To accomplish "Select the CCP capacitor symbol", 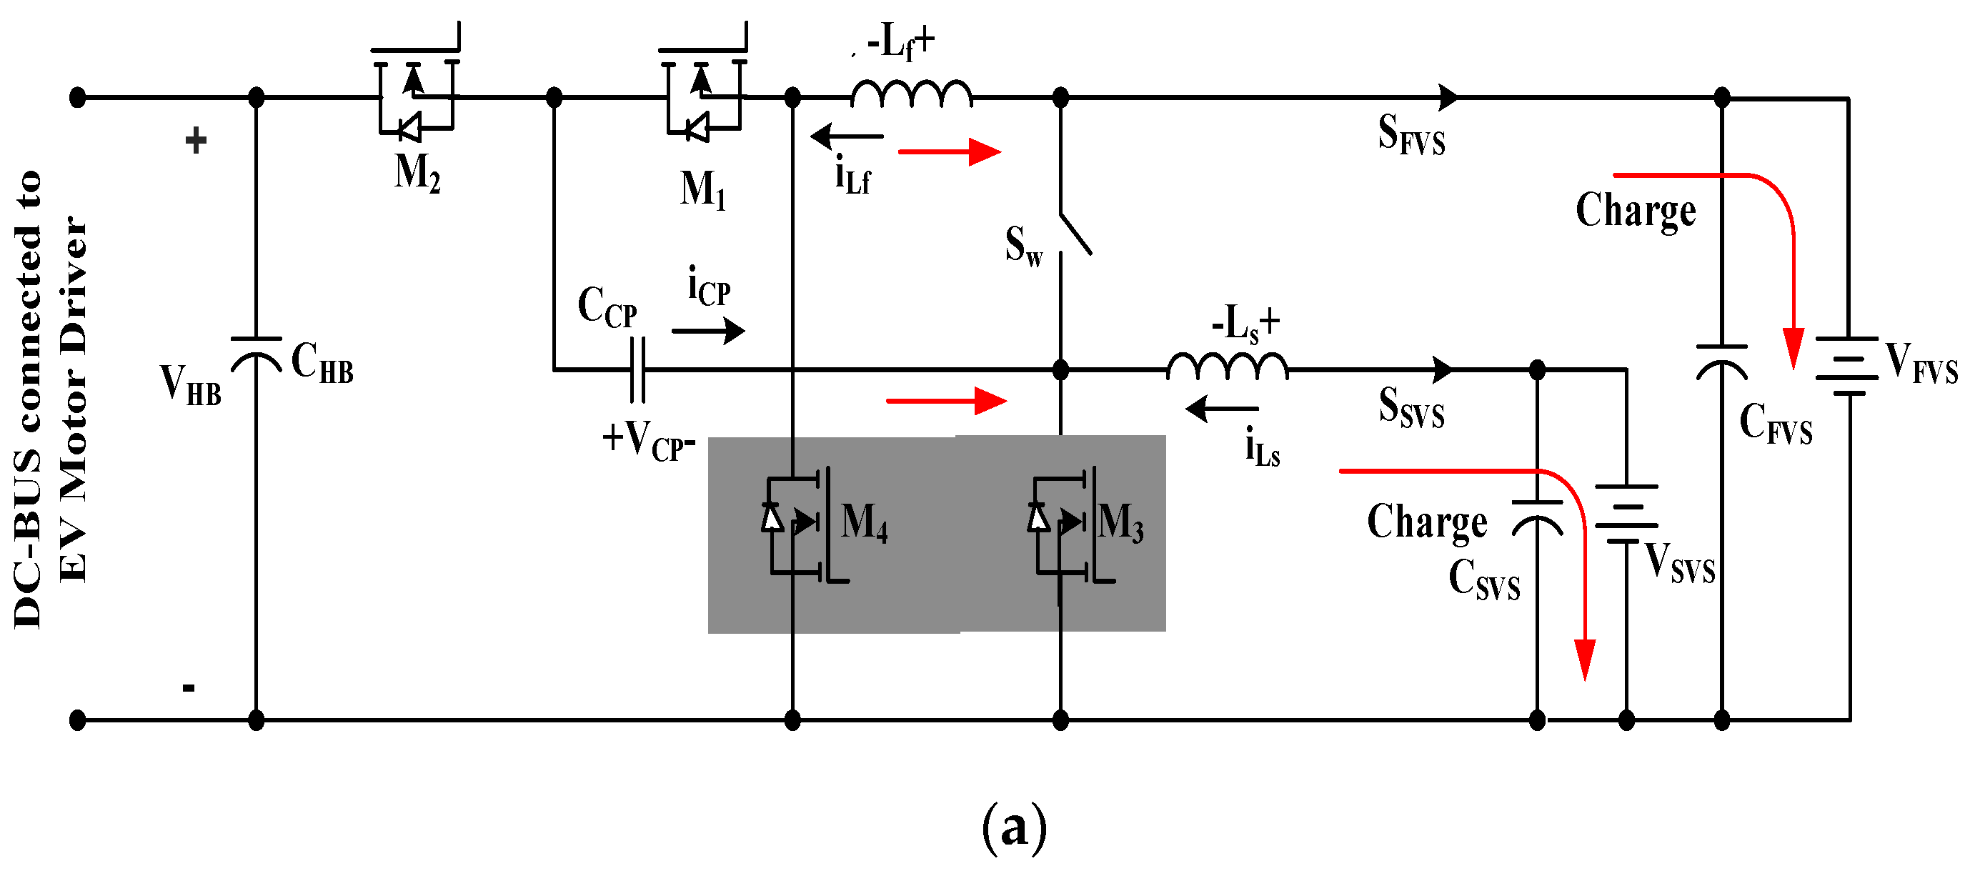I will click(x=638, y=370).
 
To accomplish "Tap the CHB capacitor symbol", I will click(x=257, y=354).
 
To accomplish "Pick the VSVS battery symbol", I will click(x=1626, y=514).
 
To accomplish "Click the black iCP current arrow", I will click(x=707, y=331).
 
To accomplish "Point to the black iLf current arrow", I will click(x=847, y=136).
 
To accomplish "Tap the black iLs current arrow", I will click(x=1221, y=409).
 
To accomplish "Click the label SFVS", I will click(x=1411, y=134).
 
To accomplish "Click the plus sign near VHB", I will click(x=196, y=140).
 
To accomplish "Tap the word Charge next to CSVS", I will click(x=1427, y=523).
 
